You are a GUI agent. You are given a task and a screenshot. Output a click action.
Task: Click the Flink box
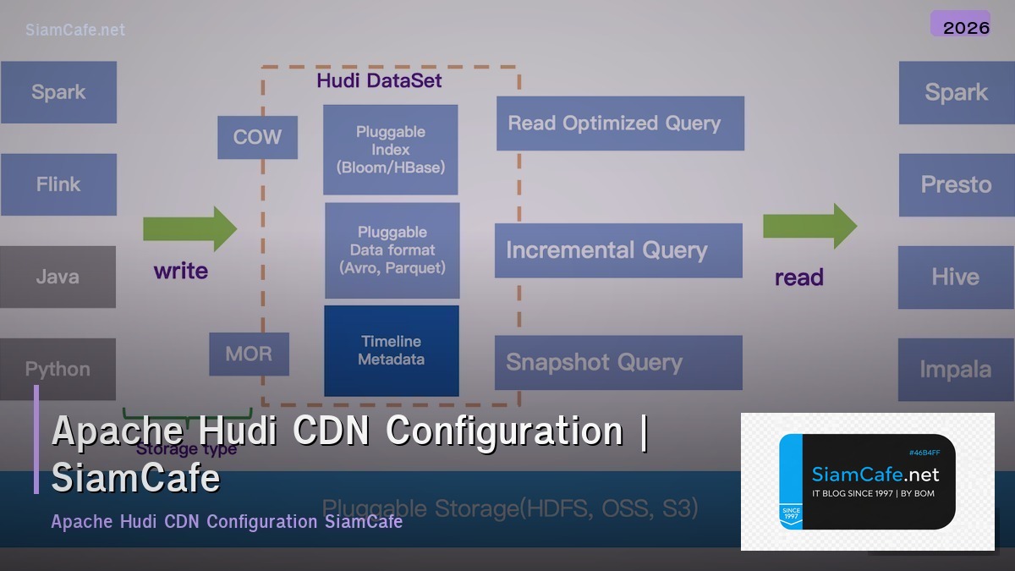(58, 184)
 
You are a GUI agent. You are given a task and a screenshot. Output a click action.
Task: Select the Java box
(58, 277)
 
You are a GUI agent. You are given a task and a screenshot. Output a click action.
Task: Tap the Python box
(58, 368)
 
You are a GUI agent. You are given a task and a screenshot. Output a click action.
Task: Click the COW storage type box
(257, 138)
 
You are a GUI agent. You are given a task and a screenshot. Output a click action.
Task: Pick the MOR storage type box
(249, 354)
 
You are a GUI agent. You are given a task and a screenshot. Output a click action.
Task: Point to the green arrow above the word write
(189, 228)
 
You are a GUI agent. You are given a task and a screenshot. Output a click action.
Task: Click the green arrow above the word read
(809, 226)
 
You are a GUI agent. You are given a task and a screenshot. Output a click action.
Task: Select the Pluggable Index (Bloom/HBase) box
(391, 150)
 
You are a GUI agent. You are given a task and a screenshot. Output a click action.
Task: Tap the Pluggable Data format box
(392, 250)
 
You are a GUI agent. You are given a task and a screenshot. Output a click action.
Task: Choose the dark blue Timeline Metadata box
(392, 350)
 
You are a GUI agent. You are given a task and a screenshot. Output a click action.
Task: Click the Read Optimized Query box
(620, 124)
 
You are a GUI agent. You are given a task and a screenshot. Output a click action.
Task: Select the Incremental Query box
(618, 250)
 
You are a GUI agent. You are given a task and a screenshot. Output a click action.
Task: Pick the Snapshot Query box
(618, 363)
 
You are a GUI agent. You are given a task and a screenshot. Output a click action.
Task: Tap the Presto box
(956, 184)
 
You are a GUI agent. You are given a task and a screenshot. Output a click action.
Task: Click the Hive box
(956, 277)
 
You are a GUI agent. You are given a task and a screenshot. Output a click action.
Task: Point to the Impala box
(956, 370)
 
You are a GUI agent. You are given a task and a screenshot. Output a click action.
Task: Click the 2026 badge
(966, 26)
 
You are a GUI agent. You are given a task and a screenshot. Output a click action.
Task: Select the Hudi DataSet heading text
(379, 81)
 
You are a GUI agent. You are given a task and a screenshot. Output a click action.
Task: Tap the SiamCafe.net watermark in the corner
(75, 30)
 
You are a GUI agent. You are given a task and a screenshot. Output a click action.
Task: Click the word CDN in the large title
(332, 431)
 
